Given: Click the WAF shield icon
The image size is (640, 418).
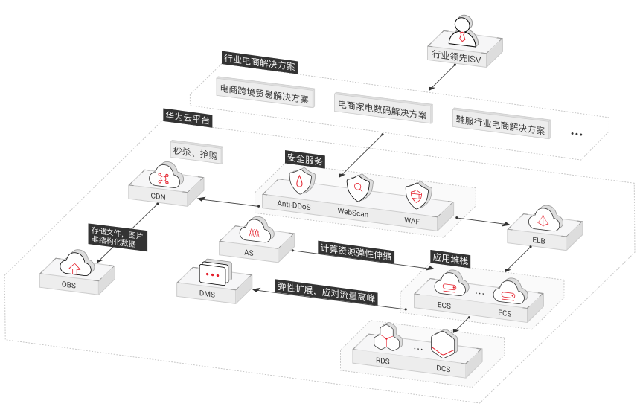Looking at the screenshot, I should coord(416,196).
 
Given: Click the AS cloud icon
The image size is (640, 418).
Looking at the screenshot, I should coord(255,231).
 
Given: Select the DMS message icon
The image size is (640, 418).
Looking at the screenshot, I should coord(214,274).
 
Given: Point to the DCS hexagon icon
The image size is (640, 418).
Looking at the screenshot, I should coord(443,344).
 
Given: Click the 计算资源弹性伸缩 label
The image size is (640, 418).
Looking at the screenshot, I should coord(356,251).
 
